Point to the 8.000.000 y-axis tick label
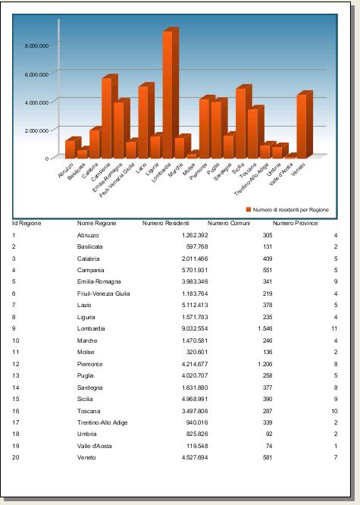(x=36, y=45)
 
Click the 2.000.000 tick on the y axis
(x=36, y=130)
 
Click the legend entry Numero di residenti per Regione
(x=287, y=210)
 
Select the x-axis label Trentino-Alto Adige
(x=252, y=180)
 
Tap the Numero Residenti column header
(x=166, y=223)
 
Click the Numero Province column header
(x=296, y=223)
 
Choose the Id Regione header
(x=27, y=223)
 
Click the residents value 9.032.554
(x=195, y=328)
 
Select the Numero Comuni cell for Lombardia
(x=265, y=328)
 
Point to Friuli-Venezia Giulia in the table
(x=103, y=293)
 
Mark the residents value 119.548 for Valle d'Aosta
(x=197, y=446)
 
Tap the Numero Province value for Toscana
(x=334, y=411)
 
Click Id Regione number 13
(x=16, y=375)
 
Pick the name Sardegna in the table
(x=90, y=387)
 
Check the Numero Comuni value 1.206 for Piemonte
(x=265, y=364)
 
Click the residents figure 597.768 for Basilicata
(x=197, y=246)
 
